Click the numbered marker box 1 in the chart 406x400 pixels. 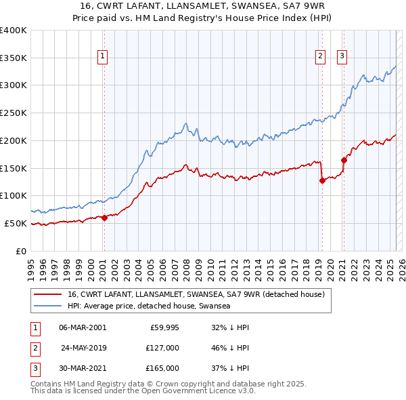point(103,57)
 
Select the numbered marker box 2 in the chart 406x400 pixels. point(319,57)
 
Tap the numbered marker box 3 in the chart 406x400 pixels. point(342,57)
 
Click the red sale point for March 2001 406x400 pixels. point(104,218)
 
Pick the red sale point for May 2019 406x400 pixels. point(322,180)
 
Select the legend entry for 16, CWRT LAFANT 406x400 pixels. point(196,294)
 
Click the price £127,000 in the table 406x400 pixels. point(162,348)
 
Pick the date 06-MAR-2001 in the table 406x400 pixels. point(83,327)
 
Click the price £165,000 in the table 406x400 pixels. point(162,368)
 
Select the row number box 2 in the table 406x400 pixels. point(35,348)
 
